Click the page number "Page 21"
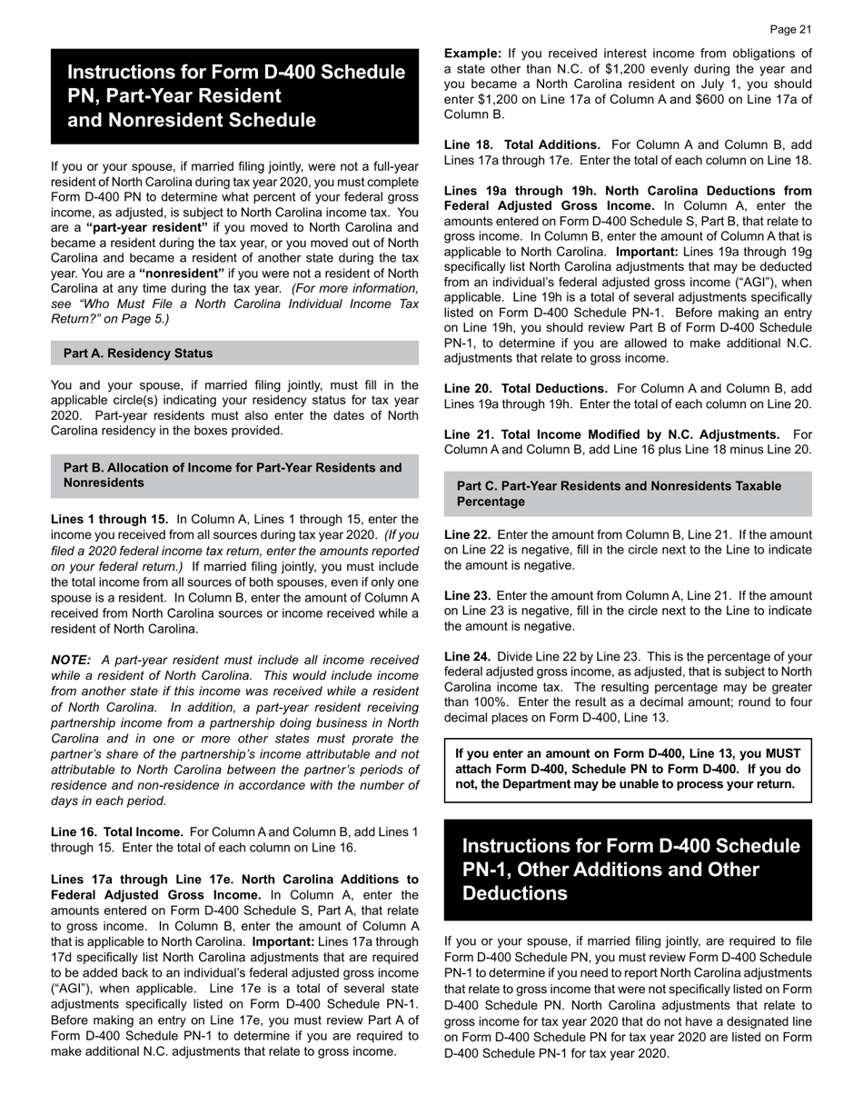pos(789,30)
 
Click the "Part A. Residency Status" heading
pos(138,353)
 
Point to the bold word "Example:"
pos(472,54)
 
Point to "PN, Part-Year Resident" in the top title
pos(174,95)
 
